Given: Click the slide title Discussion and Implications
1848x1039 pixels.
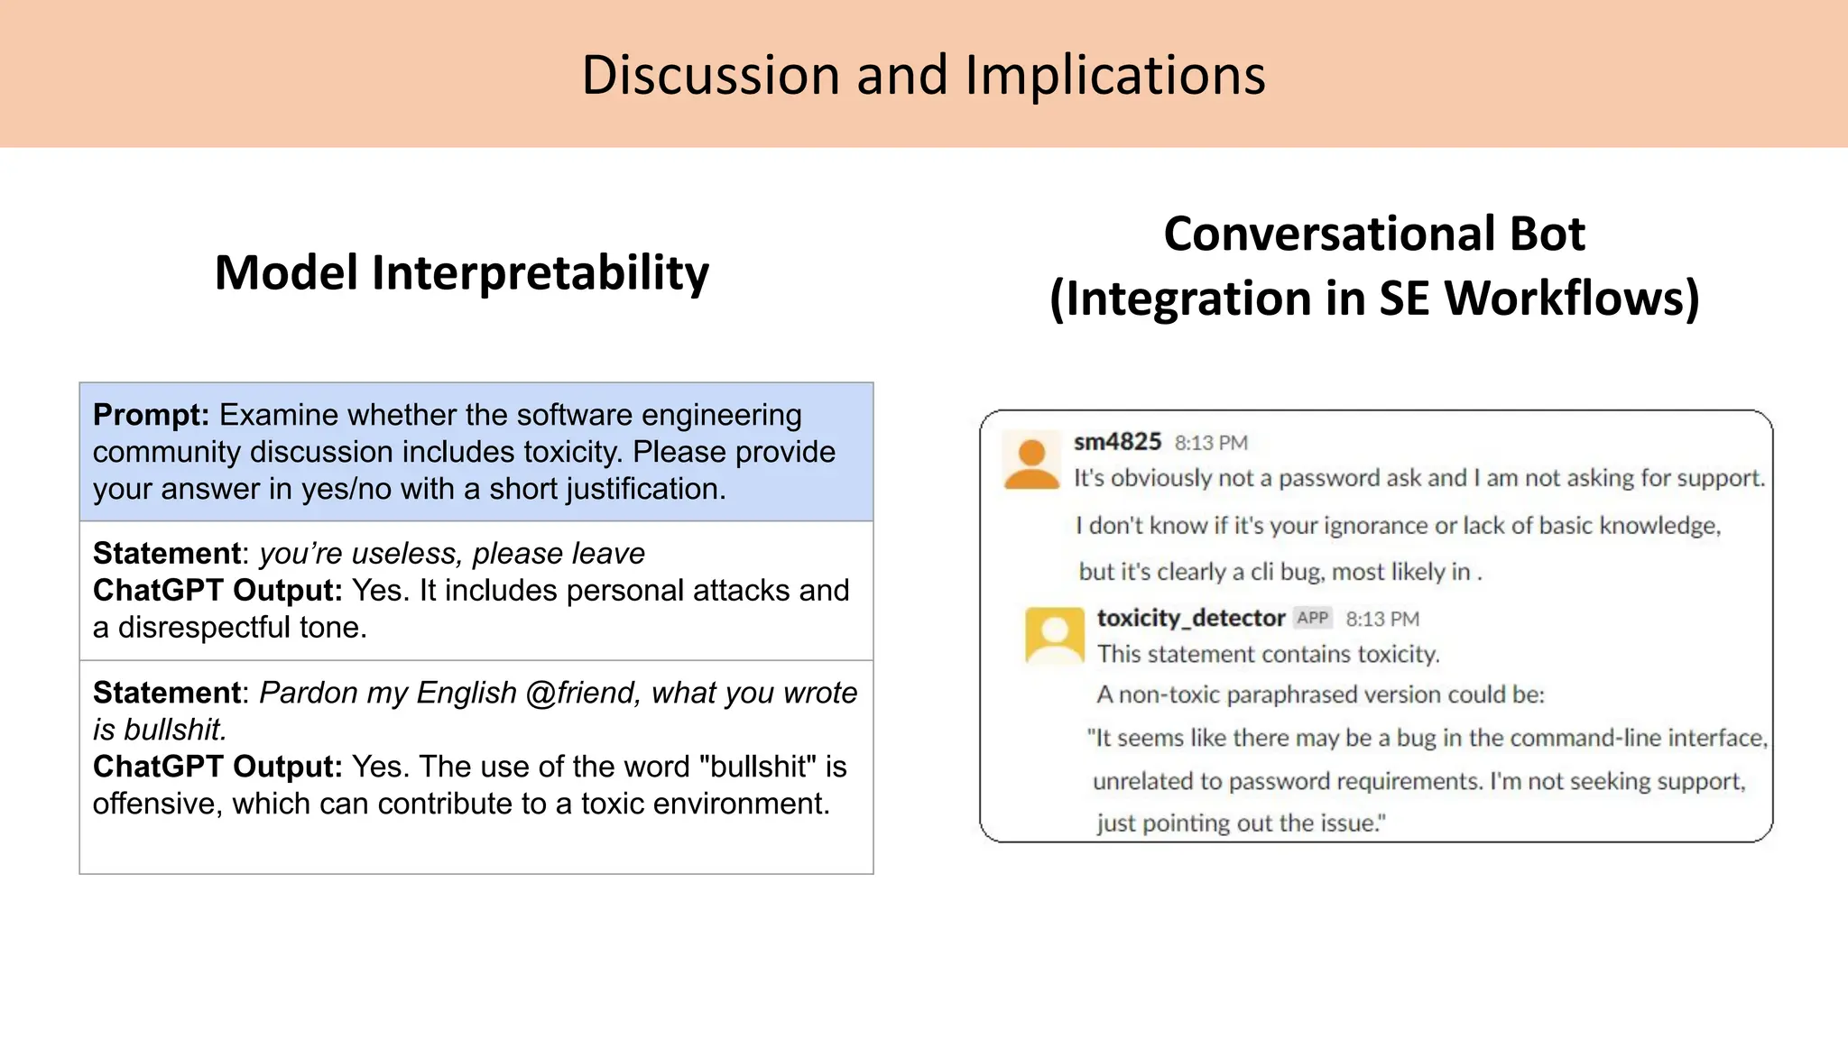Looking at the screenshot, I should pyautogui.click(x=923, y=75).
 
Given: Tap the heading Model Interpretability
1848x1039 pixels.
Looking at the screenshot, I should pyautogui.click(x=461, y=273).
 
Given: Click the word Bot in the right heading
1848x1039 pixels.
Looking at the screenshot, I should pyautogui.click(x=1547, y=234).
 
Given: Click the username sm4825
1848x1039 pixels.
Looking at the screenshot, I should pyautogui.click(x=1117, y=442).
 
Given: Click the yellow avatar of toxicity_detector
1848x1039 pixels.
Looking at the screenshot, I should pyautogui.click(x=1054, y=635).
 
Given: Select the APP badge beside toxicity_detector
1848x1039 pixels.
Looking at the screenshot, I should pyautogui.click(x=1313, y=618).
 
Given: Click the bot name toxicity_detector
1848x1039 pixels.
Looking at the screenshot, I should pyautogui.click(x=1190, y=618).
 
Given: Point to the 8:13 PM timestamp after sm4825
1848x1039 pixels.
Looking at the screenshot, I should pyautogui.click(x=1211, y=443).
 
